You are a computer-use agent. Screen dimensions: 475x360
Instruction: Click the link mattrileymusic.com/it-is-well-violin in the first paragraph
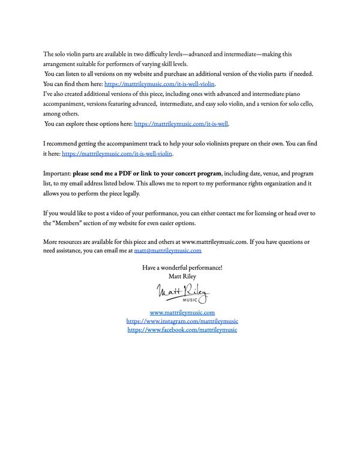click(160, 84)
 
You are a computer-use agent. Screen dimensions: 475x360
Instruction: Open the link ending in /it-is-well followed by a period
click(181, 124)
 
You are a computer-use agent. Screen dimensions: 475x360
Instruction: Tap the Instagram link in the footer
click(182, 321)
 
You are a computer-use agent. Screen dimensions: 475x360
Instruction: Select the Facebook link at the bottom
click(182, 330)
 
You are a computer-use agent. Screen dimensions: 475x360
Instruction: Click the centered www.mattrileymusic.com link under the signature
click(182, 312)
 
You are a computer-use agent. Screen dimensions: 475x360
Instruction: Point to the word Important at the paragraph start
click(57, 174)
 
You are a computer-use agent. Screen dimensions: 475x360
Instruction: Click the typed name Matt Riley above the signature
click(182, 276)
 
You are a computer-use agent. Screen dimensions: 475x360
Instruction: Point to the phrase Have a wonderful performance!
click(182, 267)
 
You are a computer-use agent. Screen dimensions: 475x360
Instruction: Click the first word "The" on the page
click(49, 54)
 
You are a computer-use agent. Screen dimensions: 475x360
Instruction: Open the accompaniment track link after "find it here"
click(117, 154)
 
